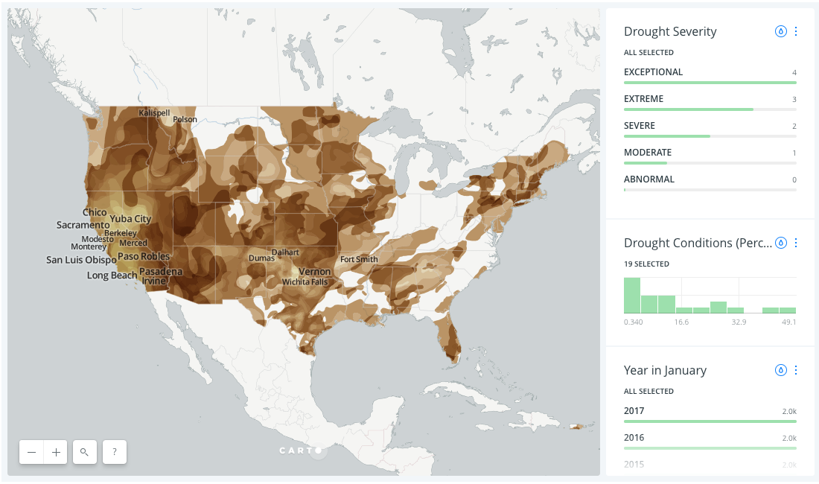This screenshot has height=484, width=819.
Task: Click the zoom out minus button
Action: pos(31,452)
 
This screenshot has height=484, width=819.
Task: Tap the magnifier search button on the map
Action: pos(85,452)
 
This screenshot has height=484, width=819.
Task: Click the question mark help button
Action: pos(114,452)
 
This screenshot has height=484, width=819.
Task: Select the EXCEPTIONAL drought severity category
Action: pos(653,72)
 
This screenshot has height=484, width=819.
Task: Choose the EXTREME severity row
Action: pos(643,99)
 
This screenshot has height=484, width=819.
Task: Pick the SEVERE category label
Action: pos(639,126)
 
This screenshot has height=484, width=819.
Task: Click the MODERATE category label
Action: pos(647,153)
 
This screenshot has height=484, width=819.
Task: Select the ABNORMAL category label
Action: pos(648,179)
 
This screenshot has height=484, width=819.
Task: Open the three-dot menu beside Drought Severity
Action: pos(796,31)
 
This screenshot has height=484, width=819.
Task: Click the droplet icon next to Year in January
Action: pos(781,370)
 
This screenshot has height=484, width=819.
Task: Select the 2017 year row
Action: pos(634,411)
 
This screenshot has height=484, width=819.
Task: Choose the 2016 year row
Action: pos(634,438)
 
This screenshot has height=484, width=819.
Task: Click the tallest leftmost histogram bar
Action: pos(631,296)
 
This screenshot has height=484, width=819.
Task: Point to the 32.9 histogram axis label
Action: pos(739,322)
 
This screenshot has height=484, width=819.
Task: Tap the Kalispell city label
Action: pos(154,112)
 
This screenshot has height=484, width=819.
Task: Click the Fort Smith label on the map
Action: pos(359,259)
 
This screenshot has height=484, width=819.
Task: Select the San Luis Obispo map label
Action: pos(81,260)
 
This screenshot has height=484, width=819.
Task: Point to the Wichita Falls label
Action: pos(305,282)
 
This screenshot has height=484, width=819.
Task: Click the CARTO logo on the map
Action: pos(300,450)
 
